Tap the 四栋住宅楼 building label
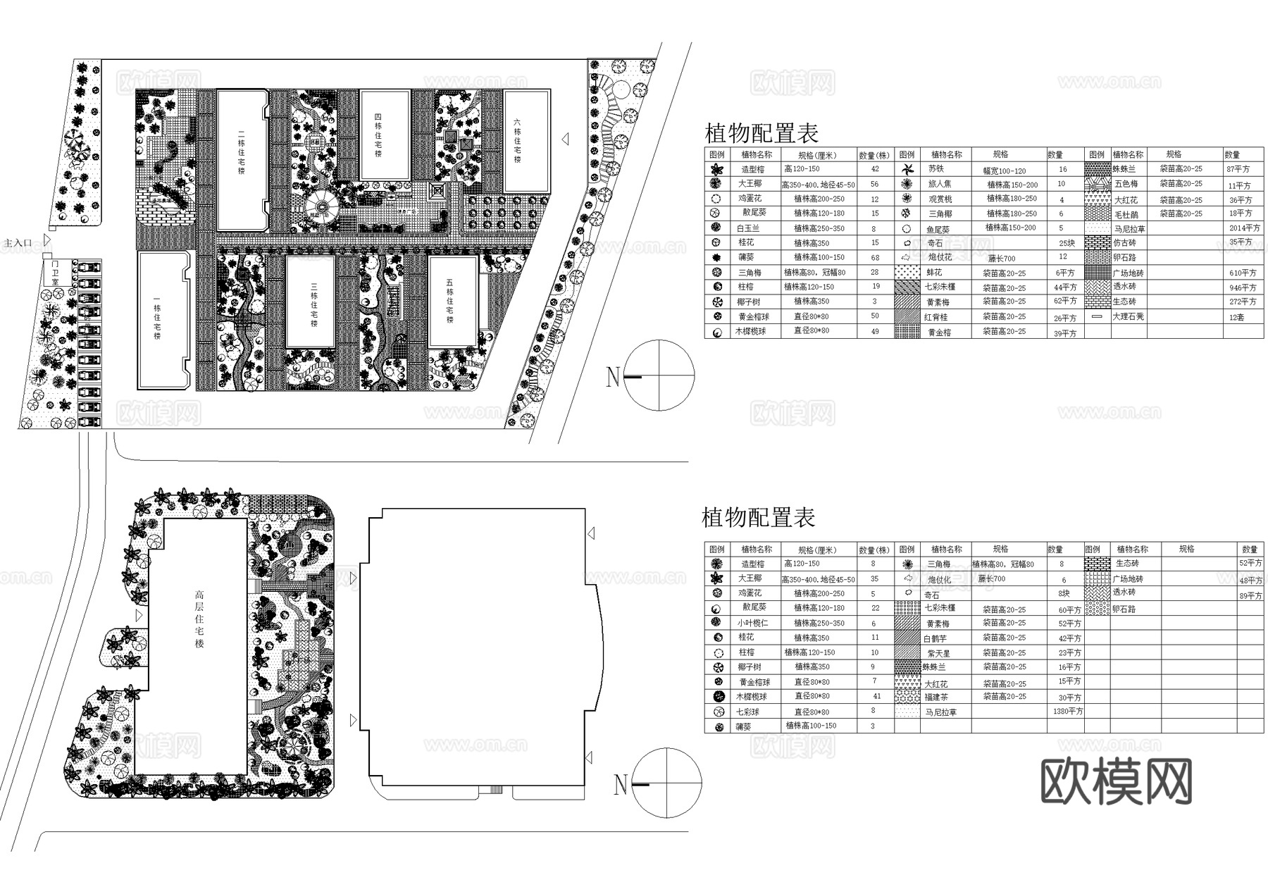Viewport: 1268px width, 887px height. [378, 135]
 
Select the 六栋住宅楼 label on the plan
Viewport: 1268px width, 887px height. [518, 140]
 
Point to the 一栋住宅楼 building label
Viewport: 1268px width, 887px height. [156, 321]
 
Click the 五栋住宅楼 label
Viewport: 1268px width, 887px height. [449, 301]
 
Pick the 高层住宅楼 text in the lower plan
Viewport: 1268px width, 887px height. [199, 619]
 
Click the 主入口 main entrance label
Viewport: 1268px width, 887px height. [18, 243]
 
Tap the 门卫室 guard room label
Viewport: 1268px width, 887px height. [56, 272]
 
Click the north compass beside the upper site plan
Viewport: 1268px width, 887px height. [659, 376]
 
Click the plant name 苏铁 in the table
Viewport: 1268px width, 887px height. [936, 169]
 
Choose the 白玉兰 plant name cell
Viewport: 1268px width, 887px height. [748, 229]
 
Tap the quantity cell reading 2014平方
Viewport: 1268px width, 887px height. [1243, 228]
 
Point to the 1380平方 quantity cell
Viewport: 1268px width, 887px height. [1068, 712]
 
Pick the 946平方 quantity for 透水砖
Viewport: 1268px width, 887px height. [1243, 287]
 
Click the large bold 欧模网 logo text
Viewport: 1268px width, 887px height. [1116, 782]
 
